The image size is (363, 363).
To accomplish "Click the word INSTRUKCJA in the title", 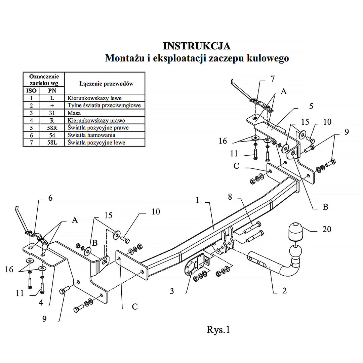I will click(197, 46).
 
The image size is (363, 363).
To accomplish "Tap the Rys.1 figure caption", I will click(218, 330).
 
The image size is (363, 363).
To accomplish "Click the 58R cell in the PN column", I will click(52, 128).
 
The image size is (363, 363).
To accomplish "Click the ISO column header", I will click(31, 91).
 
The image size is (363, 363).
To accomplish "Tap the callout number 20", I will click(326, 229).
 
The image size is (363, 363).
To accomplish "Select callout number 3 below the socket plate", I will click(172, 291).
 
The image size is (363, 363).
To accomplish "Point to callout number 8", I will click(230, 197).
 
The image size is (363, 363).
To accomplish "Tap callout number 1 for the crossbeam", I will click(197, 201).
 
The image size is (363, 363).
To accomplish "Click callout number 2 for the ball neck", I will click(284, 291).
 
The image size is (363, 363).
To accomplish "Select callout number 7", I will click(272, 79).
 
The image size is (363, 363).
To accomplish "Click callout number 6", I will click(50, 198).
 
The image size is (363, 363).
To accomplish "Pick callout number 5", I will click(311, 106).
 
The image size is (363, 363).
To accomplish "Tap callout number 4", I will click(41, 302).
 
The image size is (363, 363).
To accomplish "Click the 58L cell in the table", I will click(52, 143).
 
